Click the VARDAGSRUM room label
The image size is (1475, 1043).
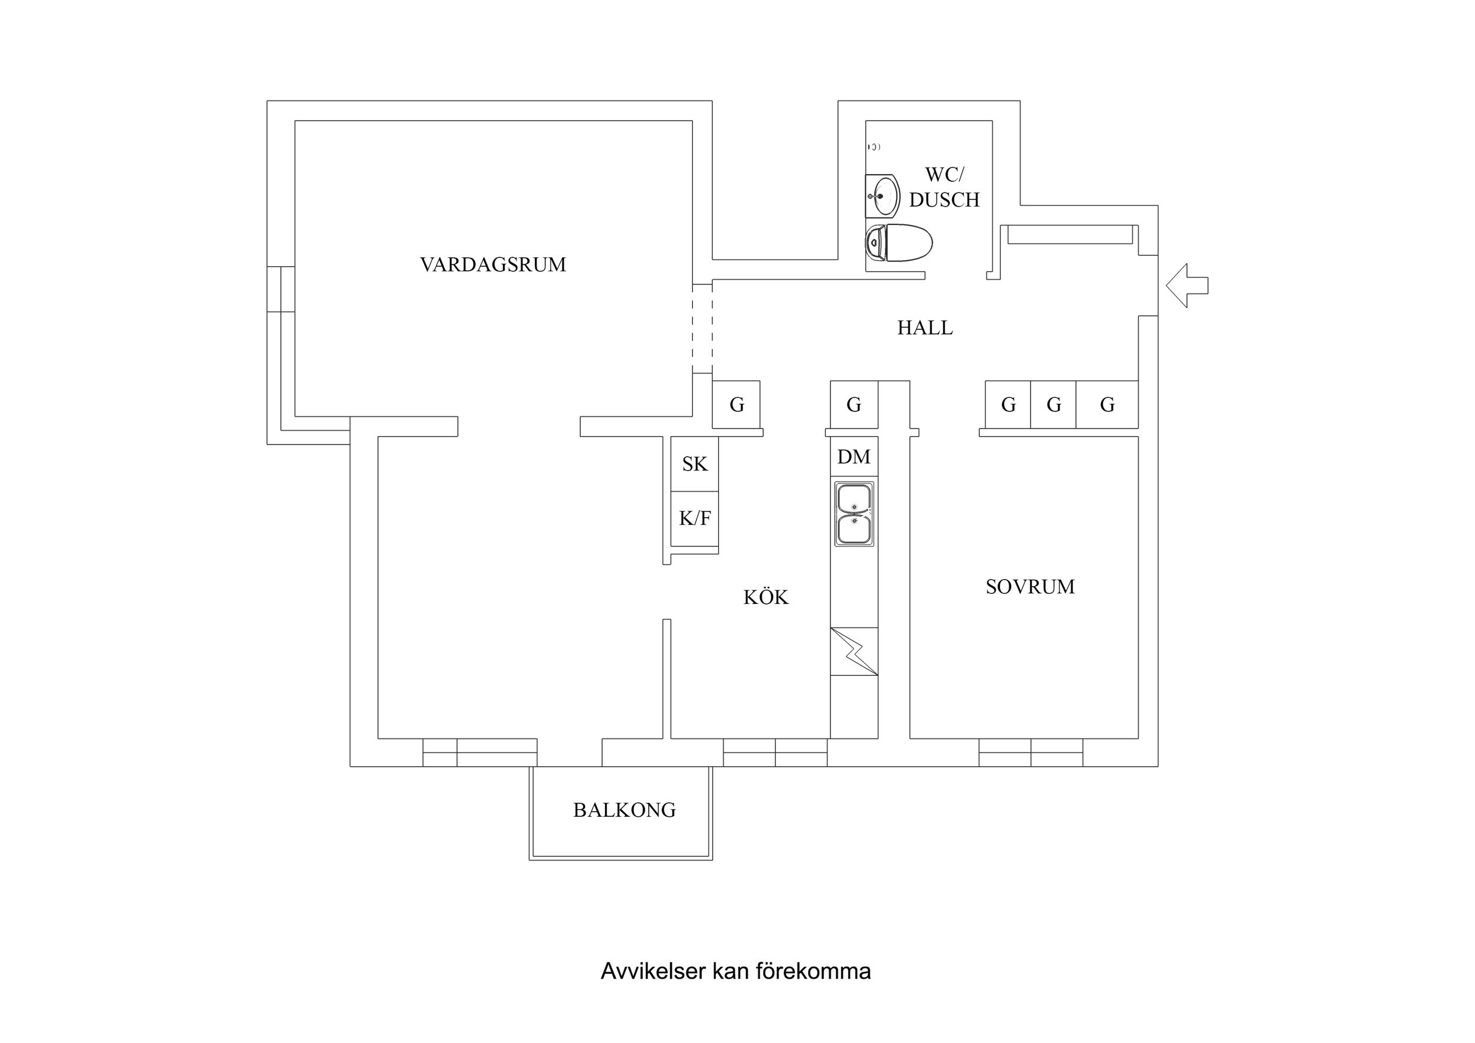pos(493,265)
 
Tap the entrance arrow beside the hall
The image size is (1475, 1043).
pos(1186,285)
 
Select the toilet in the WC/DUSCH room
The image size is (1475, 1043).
pos(898,243)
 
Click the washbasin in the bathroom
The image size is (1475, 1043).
pos(882,196)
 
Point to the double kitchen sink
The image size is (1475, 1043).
pos(854,514)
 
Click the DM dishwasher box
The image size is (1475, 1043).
pos(854,457)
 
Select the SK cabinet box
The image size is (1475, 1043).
pos(695,464)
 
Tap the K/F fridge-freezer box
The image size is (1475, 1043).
pos(695,518)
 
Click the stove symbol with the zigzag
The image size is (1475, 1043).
pos(854,651)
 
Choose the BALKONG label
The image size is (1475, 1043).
pos(624,810)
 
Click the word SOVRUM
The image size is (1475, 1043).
pos(1030,587)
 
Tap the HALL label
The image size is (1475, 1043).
pos(924,328)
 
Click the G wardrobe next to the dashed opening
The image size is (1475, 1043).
pos(736,405)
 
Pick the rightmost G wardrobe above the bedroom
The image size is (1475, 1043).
pos(1107,405)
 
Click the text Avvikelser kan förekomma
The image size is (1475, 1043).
pos(735,971)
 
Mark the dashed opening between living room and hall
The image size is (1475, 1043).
pos(702,328)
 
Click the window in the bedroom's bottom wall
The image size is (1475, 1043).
pos(1031,753)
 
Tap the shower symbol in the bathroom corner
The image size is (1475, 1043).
pos(874,147)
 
